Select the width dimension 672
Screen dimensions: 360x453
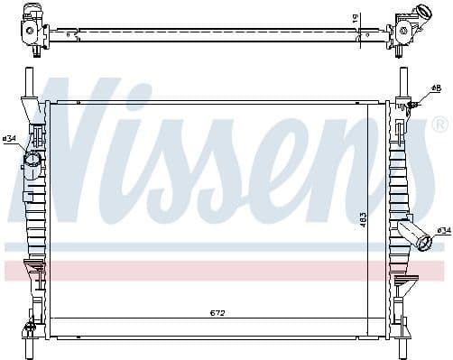tap(217, 313)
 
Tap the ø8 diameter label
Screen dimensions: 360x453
tap(436, 88)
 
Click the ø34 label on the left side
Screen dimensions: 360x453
tap(10, 138)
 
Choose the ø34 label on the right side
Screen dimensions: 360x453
tap(443, 231)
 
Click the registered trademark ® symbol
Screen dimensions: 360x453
tap(439, 124)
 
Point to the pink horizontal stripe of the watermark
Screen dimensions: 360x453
tap(226, 270)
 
